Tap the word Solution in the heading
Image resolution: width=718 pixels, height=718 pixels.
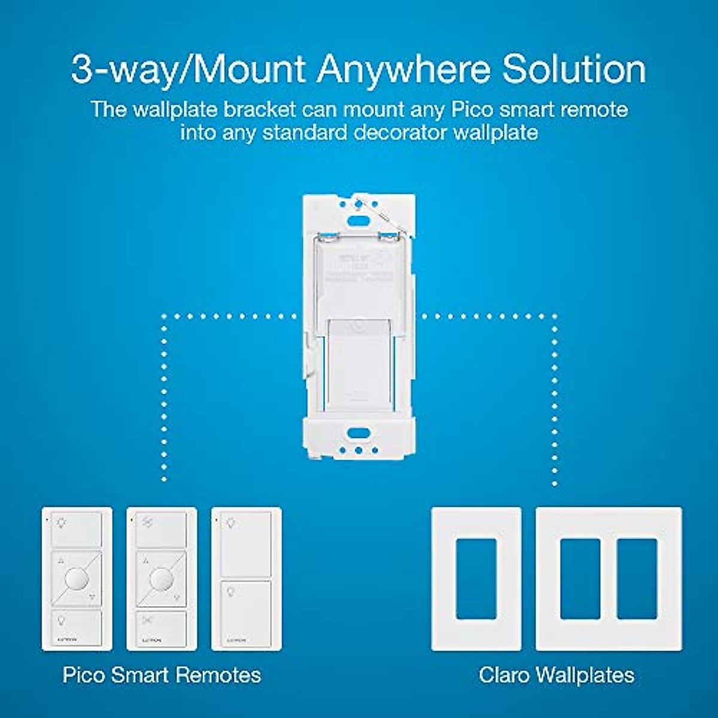coord(574,70)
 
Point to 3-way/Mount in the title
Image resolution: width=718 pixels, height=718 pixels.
coord(189,70)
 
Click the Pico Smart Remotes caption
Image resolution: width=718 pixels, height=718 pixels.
coord(162,675)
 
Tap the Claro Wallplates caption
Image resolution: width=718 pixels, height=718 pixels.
coord(556,675)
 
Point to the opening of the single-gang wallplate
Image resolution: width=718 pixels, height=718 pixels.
coord(476,579)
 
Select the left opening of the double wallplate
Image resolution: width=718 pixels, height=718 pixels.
coord(580,579)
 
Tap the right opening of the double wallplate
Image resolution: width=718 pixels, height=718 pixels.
coord(637,579)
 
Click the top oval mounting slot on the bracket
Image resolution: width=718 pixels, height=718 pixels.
coord(359,220)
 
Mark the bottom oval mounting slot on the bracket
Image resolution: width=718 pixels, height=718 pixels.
coord(358,432)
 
